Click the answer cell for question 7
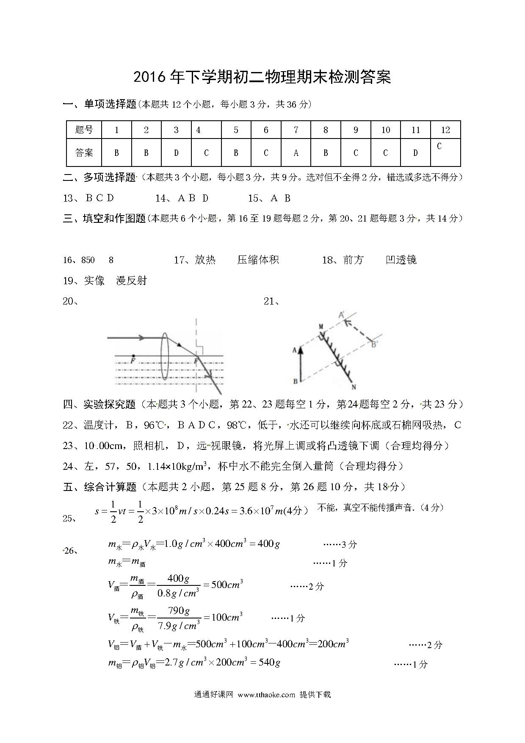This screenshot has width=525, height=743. pos(296,152)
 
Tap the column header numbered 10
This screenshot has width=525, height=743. pos(385,130)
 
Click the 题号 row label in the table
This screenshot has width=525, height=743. pos(84,130)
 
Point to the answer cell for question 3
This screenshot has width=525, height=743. pos(176,152)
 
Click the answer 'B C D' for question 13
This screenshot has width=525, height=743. pos(99,198)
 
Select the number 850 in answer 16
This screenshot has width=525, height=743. pos(88,260)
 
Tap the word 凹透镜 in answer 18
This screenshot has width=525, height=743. pos(401,260)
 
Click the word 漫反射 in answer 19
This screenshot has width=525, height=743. pos(131,280)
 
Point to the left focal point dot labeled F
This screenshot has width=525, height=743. pos(133,356)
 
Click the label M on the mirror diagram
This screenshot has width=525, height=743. pos(321,327)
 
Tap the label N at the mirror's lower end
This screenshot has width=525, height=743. pos(354,387)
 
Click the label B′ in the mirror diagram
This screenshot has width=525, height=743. pos(374,344)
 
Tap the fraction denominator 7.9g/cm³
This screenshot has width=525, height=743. pos(179,626)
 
